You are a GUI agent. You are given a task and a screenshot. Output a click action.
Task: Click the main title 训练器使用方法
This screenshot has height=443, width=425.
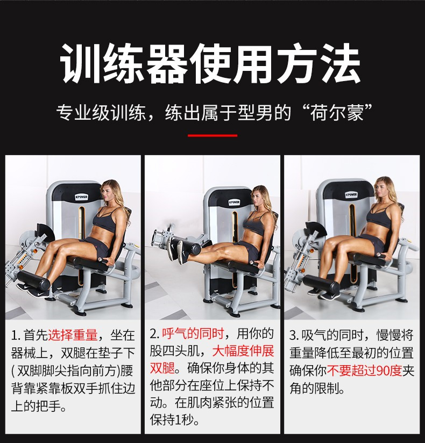210,64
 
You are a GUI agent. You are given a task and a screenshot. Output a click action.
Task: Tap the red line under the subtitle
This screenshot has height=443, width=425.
212,136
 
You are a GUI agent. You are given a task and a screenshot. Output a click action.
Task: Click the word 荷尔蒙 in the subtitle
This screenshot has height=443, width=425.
337,113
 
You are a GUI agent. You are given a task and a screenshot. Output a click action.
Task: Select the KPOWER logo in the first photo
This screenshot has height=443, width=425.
81,197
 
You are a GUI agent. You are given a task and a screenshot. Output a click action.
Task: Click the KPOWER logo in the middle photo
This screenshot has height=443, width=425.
235,202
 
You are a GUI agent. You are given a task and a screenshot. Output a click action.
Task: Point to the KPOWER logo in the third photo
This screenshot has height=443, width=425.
351,195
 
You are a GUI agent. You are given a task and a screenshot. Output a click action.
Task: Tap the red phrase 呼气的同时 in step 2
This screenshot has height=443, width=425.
193,333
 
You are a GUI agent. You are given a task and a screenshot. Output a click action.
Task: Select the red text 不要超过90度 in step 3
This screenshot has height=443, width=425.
365,371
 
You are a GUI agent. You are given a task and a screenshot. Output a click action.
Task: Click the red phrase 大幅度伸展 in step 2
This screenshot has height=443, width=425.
243,351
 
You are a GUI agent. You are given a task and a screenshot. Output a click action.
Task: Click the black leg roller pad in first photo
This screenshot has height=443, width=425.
33,280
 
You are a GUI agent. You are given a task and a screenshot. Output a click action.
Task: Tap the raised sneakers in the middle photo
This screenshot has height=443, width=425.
177,250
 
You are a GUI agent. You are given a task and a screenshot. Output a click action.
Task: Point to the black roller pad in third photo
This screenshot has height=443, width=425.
322,283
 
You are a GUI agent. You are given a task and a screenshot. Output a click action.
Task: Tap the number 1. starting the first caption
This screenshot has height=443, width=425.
16,336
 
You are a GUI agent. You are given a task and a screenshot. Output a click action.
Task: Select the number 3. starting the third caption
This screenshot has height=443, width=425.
294,336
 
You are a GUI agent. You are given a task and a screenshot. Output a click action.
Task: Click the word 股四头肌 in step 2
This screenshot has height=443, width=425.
175,351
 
